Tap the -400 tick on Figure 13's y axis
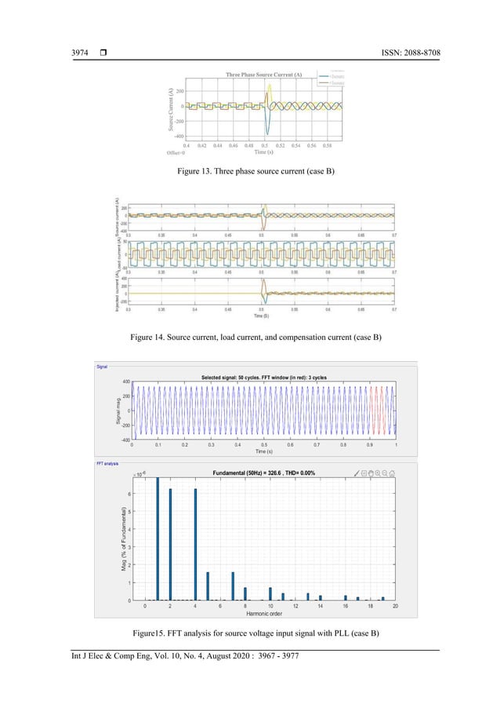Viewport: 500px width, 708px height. tap(178, 136)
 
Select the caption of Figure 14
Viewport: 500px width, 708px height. tap(251, 337)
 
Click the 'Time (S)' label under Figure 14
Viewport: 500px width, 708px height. tap(261, 316)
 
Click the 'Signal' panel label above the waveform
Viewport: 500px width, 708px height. tap(102, 367)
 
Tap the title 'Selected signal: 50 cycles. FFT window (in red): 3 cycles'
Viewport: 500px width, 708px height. tap(264, 377)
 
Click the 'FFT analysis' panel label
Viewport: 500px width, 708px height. tap(107, 464)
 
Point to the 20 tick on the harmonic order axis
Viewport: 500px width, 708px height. tap(395, 607)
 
